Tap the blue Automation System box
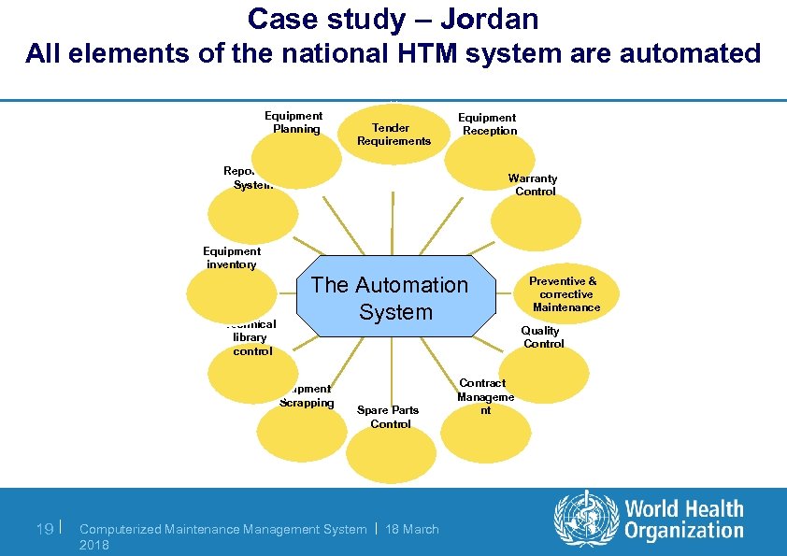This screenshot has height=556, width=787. coord(390,297)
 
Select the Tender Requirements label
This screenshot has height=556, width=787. coord(393,135)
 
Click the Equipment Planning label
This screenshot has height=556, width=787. coord(294,122)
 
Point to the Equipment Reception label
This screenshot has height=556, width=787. coord(488,124)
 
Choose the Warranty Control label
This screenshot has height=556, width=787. coord(534,185)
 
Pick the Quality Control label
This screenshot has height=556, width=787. coord(542,337)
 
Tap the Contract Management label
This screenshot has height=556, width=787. coord(484,396)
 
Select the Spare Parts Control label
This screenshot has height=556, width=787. coord(390,417)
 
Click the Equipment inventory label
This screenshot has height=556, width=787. coord(232,258)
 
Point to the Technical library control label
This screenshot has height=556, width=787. coord(250,337)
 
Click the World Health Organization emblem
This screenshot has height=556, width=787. coord(586,520)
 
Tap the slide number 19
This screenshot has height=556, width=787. coord(43,529)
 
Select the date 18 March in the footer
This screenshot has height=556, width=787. coord(412,529)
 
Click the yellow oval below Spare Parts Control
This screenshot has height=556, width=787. coord(391,454)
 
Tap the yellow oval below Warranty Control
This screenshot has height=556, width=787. coord(528,223)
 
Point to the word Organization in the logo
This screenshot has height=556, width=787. coord(683,532)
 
